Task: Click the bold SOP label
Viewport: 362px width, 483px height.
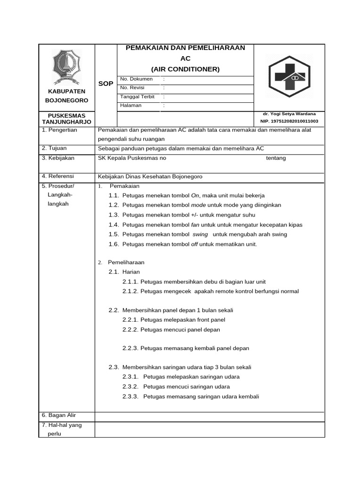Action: pos(106,83)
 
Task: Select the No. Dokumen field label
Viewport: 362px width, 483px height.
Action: pos(136,79)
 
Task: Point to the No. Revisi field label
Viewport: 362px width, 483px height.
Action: pos(132,88)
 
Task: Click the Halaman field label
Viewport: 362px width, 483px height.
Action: pos(131,105)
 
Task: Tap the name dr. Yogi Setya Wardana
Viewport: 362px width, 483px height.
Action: pos(289,114)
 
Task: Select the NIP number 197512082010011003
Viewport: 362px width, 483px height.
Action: pos(289,121)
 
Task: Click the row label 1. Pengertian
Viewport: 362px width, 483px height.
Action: pos(59,130)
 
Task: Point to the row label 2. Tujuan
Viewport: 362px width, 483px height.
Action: pos(55,148)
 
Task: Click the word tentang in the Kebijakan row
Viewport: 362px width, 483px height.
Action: pos(276,158)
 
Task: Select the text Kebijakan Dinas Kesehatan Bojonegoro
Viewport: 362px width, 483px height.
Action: pos(150,176)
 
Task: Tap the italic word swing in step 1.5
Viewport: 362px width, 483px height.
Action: pos(200,234)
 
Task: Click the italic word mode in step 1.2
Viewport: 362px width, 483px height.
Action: pos(198,205)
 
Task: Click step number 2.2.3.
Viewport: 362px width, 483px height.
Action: pos(130,349)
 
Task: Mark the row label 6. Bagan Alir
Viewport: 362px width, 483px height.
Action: pos(59,416)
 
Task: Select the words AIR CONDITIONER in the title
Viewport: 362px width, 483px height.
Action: pos(185,69)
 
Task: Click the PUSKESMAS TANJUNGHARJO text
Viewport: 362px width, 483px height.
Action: pos(66,118)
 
